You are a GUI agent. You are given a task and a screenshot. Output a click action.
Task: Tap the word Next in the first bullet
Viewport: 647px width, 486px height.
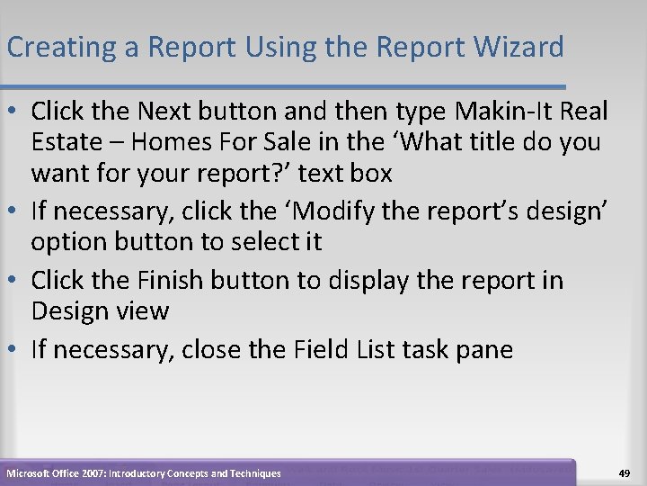(x=171, y=112)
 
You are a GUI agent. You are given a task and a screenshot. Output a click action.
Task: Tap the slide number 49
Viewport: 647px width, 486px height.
(x=624, y=472)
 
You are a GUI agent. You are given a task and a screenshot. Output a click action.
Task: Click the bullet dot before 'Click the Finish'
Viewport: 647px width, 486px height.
(x=13, y=281)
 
